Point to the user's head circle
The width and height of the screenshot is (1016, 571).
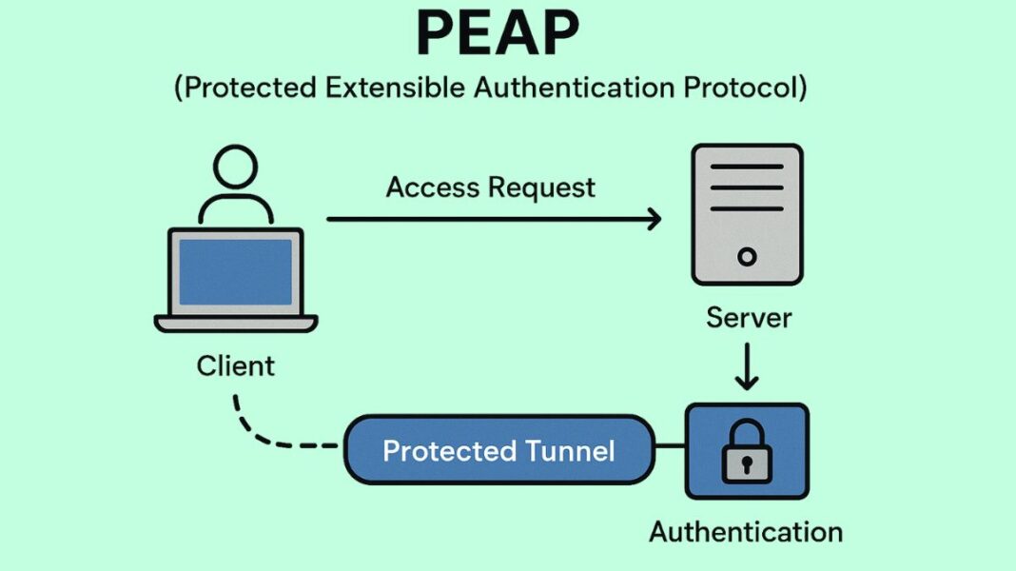tap(235, 169)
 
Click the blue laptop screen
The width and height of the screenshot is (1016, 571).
tap(235, 271)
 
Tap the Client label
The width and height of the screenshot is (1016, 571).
tap(235, 365)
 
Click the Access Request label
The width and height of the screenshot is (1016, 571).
tap(490, 187)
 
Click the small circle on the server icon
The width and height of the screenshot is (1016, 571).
tap(747, 256)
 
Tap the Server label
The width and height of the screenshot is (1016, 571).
tap(748, 318)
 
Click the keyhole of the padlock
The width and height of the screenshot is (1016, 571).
tap(747, 464)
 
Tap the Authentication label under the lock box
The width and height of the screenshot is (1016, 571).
tap(746, 531)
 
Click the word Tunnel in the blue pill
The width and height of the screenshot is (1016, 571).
tap(570, 450)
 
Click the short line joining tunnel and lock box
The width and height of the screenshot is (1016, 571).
tap(670, 445)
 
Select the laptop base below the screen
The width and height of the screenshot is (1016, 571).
tap(235, 325)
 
